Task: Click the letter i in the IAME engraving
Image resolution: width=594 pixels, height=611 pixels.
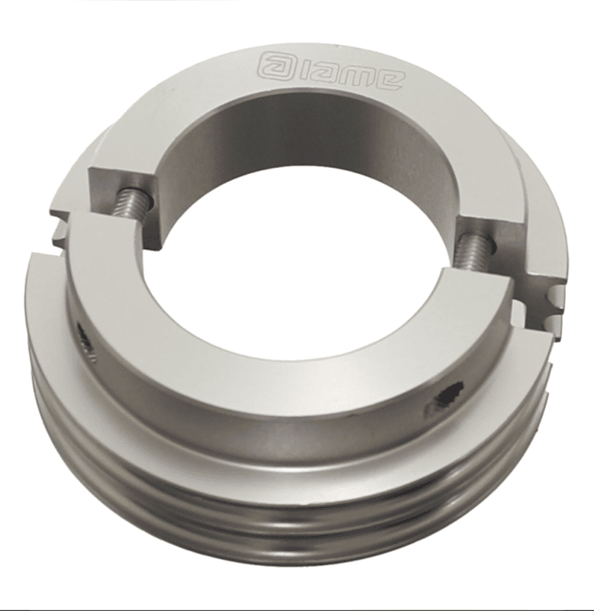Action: (299, 67)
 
